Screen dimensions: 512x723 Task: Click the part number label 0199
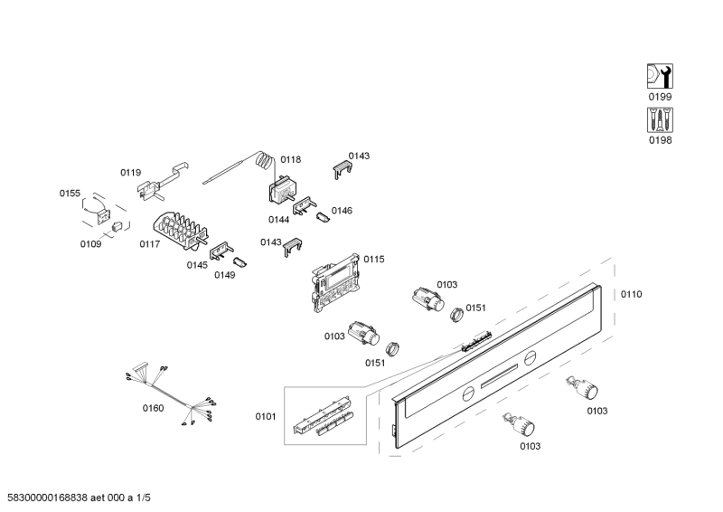pyautogui.click(x=661, y=97)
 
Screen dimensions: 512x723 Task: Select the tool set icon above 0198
pyautogui.click(x=661, y=120)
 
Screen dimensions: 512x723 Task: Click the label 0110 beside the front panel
pyautogui.click(x=631, y=294)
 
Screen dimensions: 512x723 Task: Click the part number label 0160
pyautogui.click(x=154, y=409)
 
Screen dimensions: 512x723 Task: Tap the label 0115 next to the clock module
pyautogui.click(x=374, y=259)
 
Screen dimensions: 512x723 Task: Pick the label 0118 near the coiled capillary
pyautogui.click(x=290, y=159)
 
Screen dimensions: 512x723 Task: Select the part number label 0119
pyautogui.click(x=131, y=172)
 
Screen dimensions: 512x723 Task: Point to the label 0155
pyautogui.click(x=70, y=193)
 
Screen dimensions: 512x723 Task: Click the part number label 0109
pyautogui.click(x=90, y=244)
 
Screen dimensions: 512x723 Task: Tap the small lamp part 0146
pyautogui.click(x=324, y=216)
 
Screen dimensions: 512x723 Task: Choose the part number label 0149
pyautogui.click(x=225, y=275)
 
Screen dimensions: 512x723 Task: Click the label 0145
pyautogui.click(x=197, y=265)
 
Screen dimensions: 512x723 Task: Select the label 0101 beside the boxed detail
pyautogui.click(x=265, y=416)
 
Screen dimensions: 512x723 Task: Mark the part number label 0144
pyautogui.click(x=278, y=219)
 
